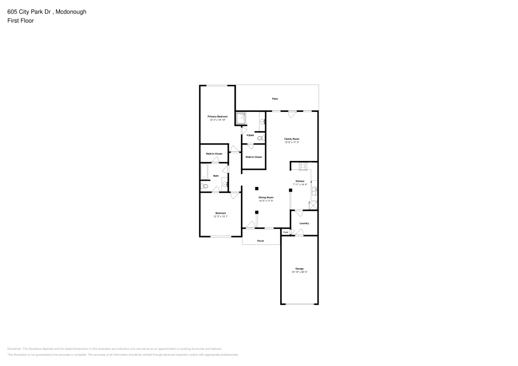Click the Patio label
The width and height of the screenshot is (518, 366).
tap(275, 98)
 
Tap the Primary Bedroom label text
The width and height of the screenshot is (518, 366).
tap(218, 116)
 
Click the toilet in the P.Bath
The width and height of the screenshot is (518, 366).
tap(260, 138)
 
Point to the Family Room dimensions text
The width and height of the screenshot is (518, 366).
tap(292, 142)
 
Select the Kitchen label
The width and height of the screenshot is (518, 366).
tap(300, 181)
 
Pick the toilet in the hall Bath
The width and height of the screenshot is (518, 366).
tap(205, 186)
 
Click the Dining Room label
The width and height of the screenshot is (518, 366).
tap(266, 197)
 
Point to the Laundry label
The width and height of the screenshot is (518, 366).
tap(304, 223)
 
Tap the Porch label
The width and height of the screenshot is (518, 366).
tap(261, 241)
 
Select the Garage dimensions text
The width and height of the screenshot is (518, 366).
tap(299, 272)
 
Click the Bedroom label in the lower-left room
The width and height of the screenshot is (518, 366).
tap(221, 213)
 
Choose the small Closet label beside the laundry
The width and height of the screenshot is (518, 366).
tap(285, 232)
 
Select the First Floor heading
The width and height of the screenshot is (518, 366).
tap(21, 21)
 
